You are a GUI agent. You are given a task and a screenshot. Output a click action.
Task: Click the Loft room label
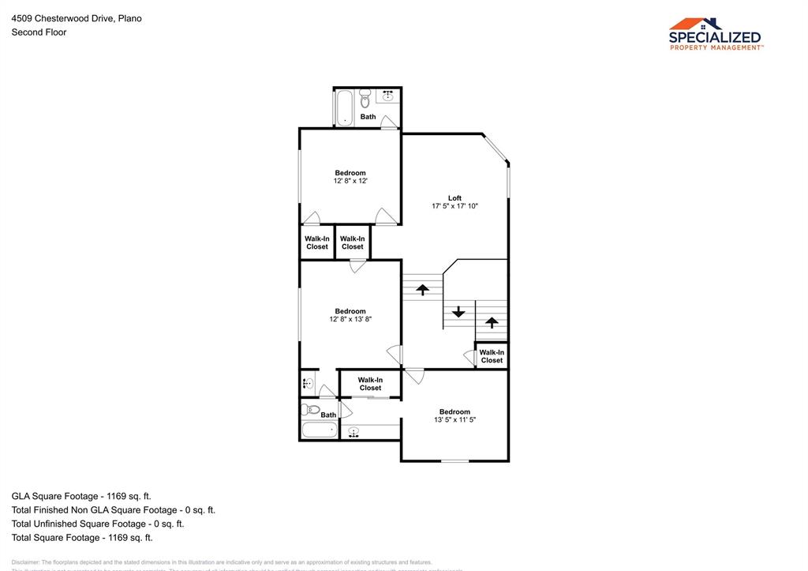click(454, 198)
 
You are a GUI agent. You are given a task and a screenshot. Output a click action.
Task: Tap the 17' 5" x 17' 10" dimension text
click(454, 206)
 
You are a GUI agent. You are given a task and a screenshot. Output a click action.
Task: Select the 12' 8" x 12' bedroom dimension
click(350, 181)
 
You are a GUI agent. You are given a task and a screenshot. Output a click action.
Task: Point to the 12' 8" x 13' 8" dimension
click(350, 319)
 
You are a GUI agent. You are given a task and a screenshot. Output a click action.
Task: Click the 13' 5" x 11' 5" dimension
click(454, 419)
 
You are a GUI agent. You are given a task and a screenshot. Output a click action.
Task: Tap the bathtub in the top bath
click(344, 107)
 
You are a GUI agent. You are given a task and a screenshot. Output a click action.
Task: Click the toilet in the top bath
click(365, 100)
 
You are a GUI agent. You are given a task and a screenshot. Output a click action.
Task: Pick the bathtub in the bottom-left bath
click(319, 430)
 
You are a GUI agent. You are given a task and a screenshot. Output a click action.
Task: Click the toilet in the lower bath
click(310, 410)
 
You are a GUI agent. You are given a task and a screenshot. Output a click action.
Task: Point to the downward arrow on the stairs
click(458, 311)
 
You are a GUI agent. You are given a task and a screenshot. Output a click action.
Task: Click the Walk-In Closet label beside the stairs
click(492, 356)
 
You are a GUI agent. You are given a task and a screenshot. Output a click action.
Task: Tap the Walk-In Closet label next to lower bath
click(370, 384)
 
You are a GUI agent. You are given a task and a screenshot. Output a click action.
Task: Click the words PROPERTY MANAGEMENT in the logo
click(716, 47)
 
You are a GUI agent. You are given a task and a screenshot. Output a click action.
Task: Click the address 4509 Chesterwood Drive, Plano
click(77, 18)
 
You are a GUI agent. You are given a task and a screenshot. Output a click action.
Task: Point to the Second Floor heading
click(39, 32)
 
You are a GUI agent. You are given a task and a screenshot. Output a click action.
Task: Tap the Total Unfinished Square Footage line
click(97, 524)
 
